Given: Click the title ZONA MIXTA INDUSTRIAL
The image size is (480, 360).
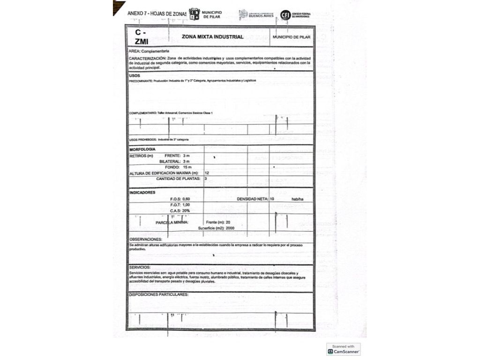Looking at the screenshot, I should click(213, 37).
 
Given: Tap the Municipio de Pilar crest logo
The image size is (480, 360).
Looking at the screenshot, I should click(194, 14).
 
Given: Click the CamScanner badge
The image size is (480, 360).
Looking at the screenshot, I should click(344, 349).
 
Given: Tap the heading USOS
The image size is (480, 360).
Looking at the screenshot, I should click(134, 75).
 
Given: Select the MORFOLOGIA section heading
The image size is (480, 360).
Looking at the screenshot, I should click(142, 149).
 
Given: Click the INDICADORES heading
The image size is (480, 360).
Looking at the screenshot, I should click(142, 192).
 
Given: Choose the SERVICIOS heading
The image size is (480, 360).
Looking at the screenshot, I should click(140, 267).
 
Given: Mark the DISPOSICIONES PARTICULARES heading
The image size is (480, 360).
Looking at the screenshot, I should click(158, 294).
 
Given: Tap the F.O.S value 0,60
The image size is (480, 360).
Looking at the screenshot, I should click(186, 199).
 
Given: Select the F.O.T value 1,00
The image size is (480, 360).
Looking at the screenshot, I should click(186, 205).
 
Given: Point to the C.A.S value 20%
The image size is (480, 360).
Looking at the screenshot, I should click(186, 211).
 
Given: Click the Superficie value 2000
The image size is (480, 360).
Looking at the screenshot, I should click(230, 228).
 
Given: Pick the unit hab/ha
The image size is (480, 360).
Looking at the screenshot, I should click(298, 199).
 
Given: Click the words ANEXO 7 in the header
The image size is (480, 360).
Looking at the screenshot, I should click(137, 14).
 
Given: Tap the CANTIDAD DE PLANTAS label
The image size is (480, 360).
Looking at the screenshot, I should click(178, 179).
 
